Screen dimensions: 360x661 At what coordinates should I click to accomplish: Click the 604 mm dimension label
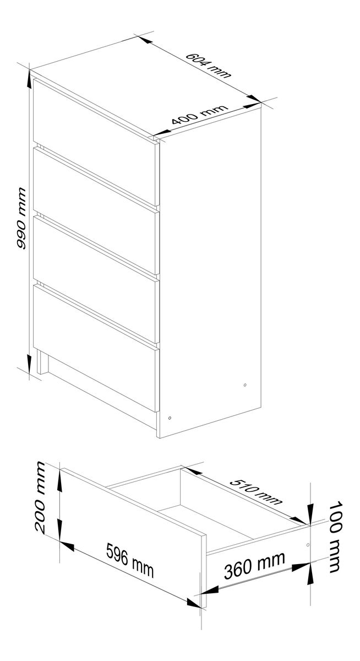click(x=209, y=65)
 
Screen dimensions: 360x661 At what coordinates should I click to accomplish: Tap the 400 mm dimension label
click(x=200, y=115)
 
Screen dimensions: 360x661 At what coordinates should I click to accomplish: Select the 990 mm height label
click(x=21, y=218)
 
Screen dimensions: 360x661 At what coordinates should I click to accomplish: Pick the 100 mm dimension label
click(x=335, y=536)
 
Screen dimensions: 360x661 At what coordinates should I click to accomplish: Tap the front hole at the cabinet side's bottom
click(x=170, y=418)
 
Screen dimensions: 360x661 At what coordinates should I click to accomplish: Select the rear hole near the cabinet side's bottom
click(x=245, y=385)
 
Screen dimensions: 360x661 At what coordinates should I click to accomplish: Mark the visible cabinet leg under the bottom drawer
click(x=42, y=362)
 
